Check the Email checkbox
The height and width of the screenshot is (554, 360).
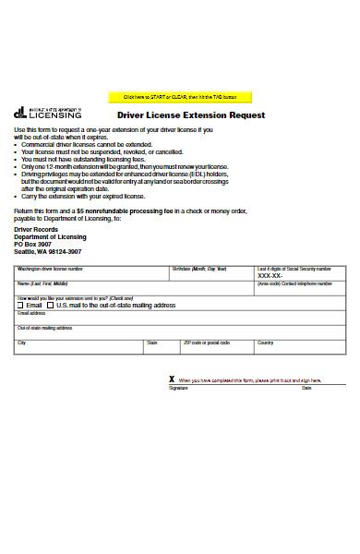[x=21, y=305]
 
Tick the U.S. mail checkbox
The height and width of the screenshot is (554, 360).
[x=52, y=305]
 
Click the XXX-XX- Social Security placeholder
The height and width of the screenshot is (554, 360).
[x=270, y=275]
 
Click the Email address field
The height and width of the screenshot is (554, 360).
[x=175, y=319]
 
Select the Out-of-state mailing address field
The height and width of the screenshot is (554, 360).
[x=175, y=333]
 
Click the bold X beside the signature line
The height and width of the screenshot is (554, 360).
[x=171, y=379]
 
